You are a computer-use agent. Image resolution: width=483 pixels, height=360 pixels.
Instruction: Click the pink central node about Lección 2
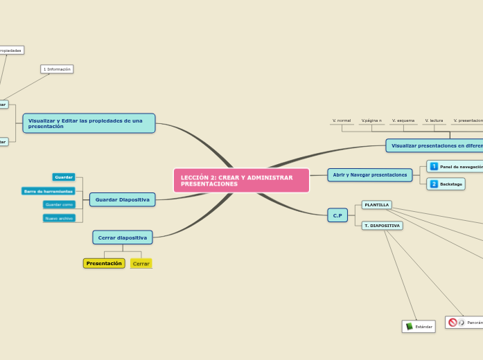point(241,181)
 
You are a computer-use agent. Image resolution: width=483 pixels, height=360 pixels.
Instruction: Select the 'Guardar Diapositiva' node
point(122,199)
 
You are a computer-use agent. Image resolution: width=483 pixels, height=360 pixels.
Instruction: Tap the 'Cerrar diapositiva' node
point(122,237)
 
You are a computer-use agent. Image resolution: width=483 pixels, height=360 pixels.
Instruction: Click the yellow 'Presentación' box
point(104,263)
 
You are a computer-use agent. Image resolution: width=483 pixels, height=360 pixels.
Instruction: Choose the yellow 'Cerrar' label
point(141,264)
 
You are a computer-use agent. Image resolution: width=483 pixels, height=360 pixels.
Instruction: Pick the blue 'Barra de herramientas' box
point(49,191)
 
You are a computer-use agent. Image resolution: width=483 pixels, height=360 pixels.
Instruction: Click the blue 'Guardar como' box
point(58,204)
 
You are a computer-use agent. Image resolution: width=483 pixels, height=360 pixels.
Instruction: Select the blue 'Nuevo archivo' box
point(58,218)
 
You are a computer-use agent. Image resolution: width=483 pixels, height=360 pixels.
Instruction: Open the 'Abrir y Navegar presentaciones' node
point(369,175)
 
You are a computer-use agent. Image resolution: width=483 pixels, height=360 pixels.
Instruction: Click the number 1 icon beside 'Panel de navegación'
point(434,167)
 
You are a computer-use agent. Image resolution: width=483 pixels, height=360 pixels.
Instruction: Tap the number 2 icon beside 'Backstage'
point(434,183)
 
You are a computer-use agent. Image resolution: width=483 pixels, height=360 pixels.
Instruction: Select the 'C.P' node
point(337,215)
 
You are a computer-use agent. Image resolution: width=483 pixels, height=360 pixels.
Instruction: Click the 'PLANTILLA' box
point(376,205)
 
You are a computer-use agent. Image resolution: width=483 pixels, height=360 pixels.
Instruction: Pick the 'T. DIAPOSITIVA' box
point(382,226)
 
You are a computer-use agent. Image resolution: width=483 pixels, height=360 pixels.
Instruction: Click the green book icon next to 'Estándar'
point(410,326)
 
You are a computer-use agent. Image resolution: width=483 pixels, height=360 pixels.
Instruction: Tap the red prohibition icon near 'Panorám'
point(453,323)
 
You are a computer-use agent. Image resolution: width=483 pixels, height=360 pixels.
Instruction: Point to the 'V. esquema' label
point(403,120)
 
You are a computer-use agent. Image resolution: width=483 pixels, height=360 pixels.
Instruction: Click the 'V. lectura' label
point(434,120)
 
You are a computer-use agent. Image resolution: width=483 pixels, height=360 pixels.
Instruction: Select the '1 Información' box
point(57,69)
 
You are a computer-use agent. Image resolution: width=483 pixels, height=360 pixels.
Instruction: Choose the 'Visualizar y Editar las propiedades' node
point(89,123)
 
